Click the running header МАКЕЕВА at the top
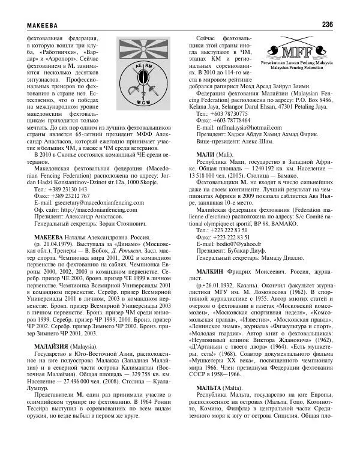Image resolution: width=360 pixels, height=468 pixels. (x=42, y=25)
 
